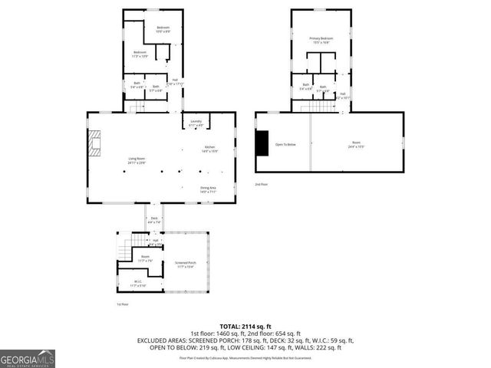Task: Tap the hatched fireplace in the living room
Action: pos(94,143)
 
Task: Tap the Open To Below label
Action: pos(285,144)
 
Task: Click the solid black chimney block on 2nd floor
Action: pos(262,143)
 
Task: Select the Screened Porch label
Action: pos(186,264)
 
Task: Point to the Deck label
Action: pos(154,220)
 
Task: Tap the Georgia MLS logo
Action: pos(28,358)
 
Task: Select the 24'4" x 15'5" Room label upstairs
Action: pos(356,144)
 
